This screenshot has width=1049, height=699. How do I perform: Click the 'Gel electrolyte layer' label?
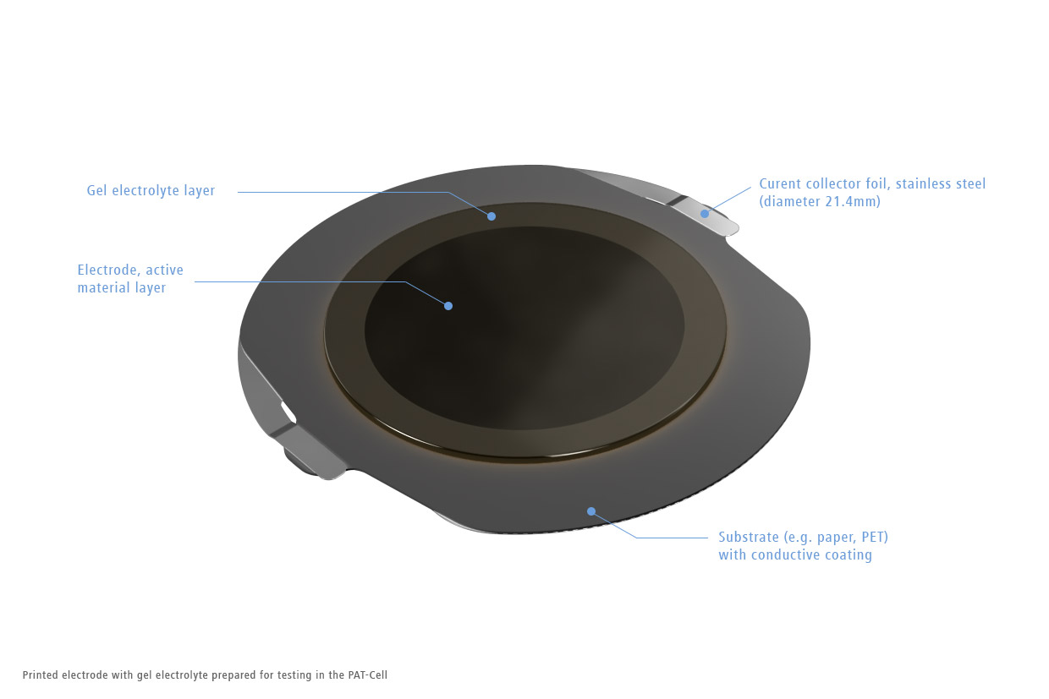(x=151, y=191)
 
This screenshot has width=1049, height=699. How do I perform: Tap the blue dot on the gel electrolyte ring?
(x=492, y=216)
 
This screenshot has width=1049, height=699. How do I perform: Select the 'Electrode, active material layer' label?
(x=130, y=279)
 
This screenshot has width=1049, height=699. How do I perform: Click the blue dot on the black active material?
(x=448, y=306)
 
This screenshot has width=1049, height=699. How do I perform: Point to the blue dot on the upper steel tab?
(x=705, y=214)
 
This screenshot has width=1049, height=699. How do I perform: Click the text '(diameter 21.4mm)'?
(x=820, y=202)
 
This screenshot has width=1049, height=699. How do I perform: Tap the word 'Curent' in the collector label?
(x=781, y=184)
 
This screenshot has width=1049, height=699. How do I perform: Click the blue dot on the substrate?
(x=591, y=511)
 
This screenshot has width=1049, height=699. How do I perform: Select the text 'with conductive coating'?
(x=795, y=555)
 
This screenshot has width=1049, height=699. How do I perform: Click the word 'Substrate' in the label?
(x=749, y=537)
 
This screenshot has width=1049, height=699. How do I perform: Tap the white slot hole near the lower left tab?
(x=288, y=412)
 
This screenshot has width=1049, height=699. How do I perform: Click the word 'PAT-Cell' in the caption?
(x=368, y=675)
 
